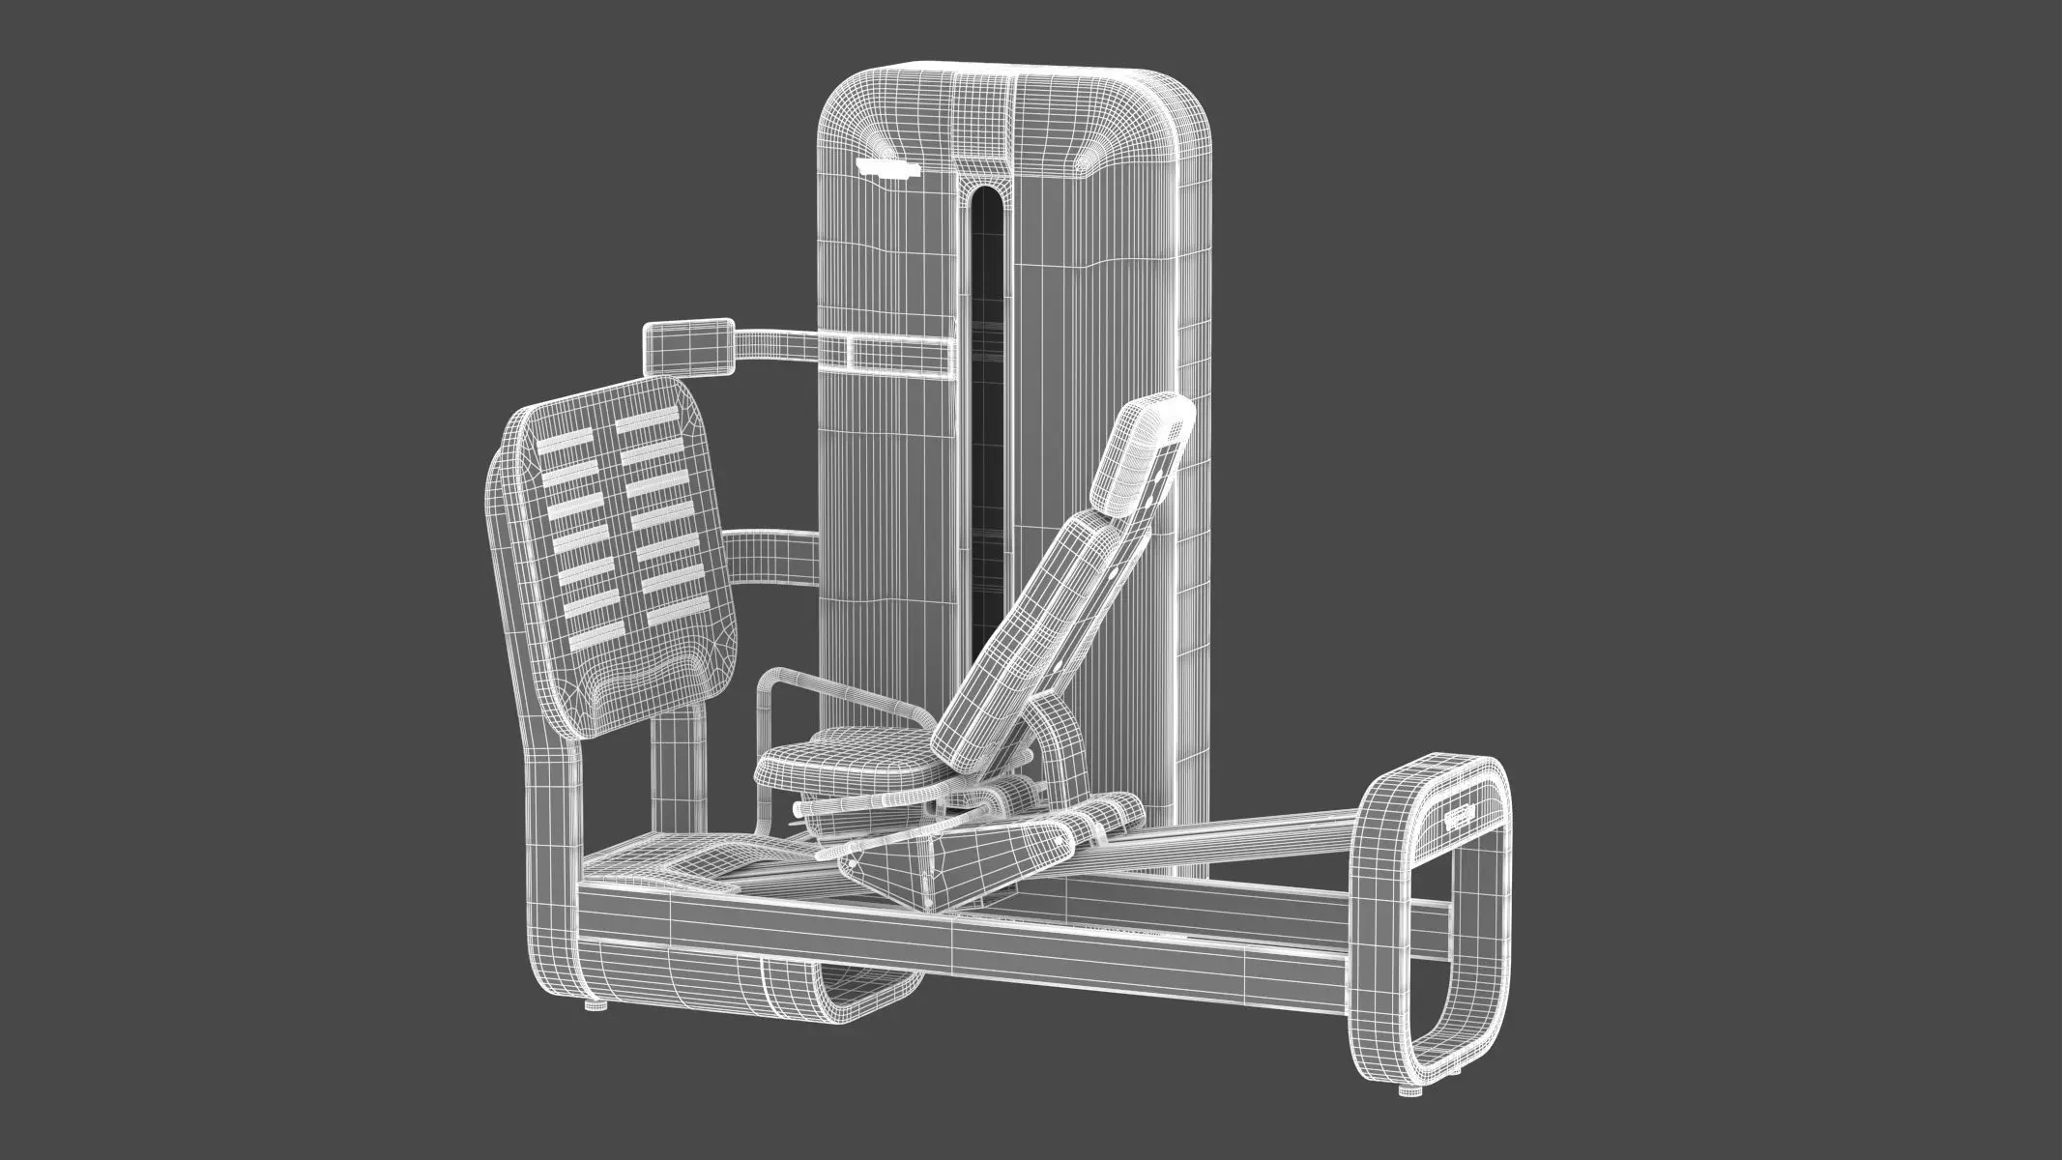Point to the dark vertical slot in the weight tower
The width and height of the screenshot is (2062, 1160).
pyautogui.click(x=986, y=435)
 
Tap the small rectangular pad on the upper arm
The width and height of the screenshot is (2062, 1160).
pyautogui.click(x=687, y=344)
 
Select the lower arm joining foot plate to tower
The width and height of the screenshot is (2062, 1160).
pyautogui.click(x=773, y=554)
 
